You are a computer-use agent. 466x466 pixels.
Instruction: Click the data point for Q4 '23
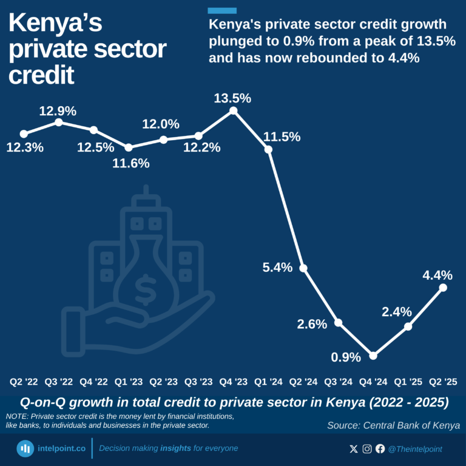[x=233, y=110]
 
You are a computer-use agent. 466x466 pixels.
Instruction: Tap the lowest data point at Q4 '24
[x=373, y=356]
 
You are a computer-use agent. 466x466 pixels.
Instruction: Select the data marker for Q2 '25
[x=443, y=287]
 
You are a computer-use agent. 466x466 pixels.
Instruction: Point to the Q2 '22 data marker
[x=24, y=133]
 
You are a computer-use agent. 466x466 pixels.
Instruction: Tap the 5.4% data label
[x=277, y=267]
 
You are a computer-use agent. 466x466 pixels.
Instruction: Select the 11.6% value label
[x=129, y=163]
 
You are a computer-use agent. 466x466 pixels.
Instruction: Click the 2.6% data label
[x=312, y=324]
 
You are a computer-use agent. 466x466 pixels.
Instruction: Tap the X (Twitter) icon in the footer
[x=354, y=449]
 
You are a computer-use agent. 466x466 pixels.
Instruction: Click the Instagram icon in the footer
[x=367, y=449]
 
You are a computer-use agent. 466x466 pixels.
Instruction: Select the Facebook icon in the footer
[x=380, y=449]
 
